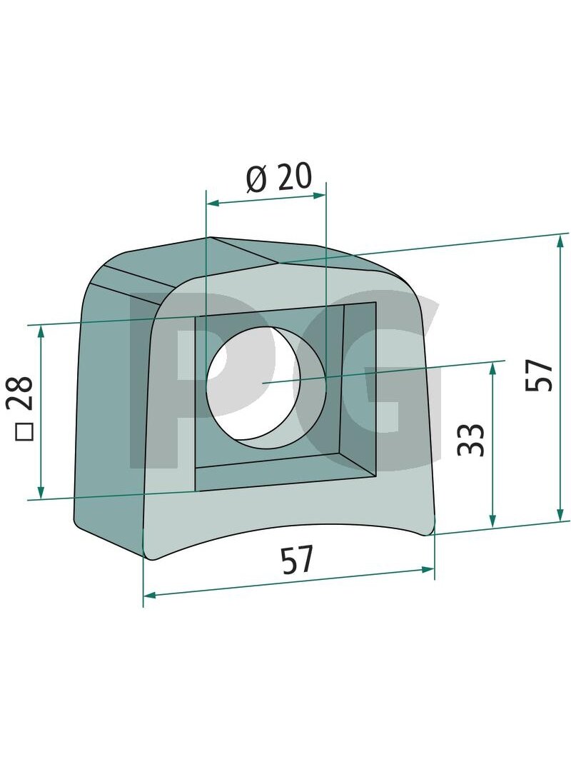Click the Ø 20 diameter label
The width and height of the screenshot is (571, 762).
[x=278, y=177]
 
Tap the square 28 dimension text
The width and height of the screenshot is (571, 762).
[x=24, y=407]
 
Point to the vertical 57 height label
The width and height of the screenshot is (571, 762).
[x=539, y=375]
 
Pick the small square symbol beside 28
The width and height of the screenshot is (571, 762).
[x=24, y=433]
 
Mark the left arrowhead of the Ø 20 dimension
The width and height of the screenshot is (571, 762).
[x=213, y=203]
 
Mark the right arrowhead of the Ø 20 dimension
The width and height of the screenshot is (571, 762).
[x=319, y=196]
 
